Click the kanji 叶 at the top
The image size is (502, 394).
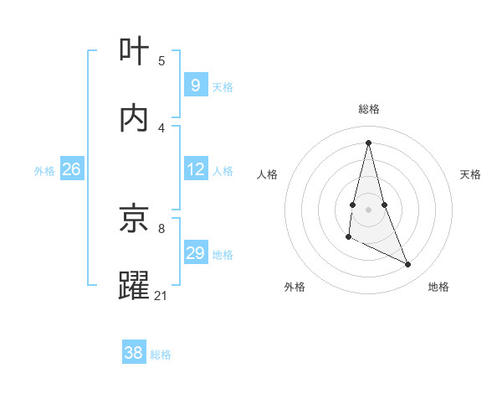(x=135, y=52)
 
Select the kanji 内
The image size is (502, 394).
(x=135, y=118)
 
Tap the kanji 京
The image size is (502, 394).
(x=135, y=220)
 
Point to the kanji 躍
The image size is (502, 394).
(x=135, y=285)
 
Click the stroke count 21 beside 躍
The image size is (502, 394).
(x=161, y=295)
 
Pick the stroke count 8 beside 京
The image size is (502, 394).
(x=161, y=228)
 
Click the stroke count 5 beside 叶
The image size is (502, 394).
(x=161, y=60)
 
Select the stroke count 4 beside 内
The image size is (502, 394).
(x=161, y=127)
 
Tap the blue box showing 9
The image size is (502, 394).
(x=195, y=86)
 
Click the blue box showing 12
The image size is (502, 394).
(x=195, y=169)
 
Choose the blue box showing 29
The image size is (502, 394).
(x=195, y=253)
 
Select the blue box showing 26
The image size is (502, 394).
(x=71, y=169)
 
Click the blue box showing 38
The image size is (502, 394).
(x=134, y=354)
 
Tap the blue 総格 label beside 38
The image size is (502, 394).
(x=161, y=355)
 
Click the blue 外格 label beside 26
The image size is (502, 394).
(x=44, y=170)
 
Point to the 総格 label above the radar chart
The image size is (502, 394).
(x=369, y=109)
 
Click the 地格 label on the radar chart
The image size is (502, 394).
(x=438, y=287)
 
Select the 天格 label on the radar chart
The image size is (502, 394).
(x=470, y=174)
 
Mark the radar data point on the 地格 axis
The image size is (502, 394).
(x=408, y=265)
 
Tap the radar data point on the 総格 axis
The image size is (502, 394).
(x=369, y=143)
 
